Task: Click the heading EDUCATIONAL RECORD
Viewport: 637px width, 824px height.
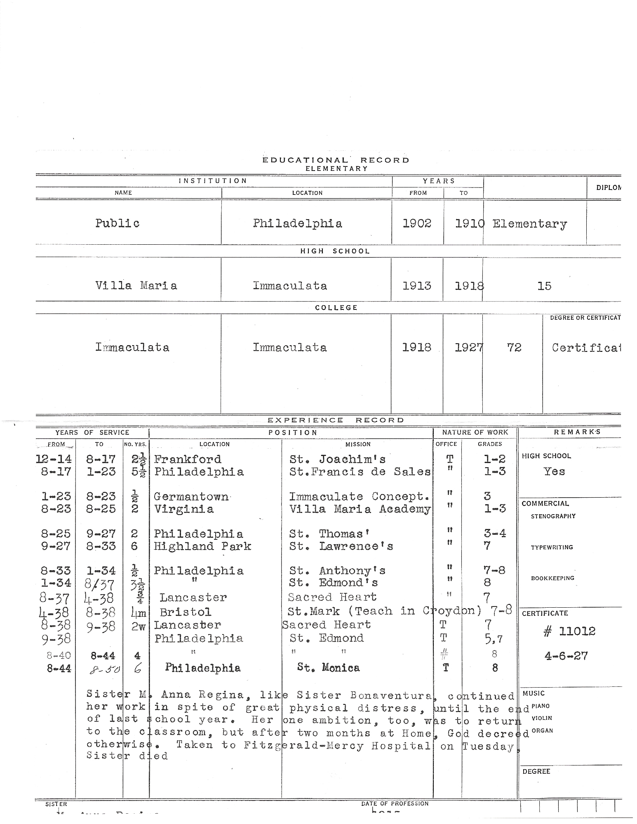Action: click(x=336, y=160)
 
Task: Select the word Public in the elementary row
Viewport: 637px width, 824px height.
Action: click(x=118, y=223)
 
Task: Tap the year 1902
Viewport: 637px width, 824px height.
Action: click(x=417, y=223)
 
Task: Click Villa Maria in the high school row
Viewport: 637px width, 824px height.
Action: click(x=136, y=286)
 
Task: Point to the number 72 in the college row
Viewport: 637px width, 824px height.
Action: click(x=514, y=347)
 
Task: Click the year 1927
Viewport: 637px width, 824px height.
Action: click(x=468, y=347)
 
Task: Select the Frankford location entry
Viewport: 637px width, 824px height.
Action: click(x=188, y=459)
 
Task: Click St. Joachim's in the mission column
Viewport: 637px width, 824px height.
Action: click(x=338, y=459)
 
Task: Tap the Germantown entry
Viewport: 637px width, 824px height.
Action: click(x=191, y=496)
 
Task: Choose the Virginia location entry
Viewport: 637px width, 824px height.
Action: click(x=184, y=509)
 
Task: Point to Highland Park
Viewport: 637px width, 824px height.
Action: click(x=202, y=546)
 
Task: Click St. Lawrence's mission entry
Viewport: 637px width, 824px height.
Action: click(x=341, y=546)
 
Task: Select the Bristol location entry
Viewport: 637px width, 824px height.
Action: click(x=186, y=612)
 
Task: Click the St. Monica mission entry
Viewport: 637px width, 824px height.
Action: click(x=328, y=667)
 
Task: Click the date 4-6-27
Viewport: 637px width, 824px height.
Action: click(x=566, y=655)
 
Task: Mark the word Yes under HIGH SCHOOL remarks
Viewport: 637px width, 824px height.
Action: click(x=554, y=471)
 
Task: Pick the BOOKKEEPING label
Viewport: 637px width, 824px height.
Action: click(x=552, y=578)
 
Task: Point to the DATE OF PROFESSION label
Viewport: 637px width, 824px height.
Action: click(x=395, y=803)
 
